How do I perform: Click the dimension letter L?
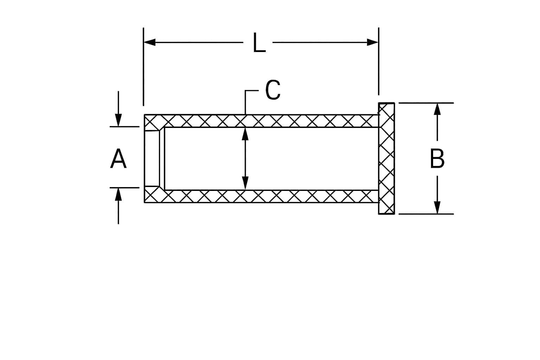click(259, 43)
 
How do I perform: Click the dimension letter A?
click(118, 159)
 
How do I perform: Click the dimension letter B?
click(437, 159)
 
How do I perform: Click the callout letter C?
click(273, 90)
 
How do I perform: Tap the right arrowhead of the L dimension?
click(372, 42)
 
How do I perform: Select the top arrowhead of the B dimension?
click(437, 109)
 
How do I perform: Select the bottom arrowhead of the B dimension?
click(437, 208)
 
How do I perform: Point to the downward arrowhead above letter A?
click(118, 120)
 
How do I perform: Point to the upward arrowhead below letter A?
click(118, 194)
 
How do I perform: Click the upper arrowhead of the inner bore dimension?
click(245, 134)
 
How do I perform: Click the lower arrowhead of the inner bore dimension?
click(245, 183)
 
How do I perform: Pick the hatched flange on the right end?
click(386, 159)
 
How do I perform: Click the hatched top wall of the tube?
click(262, 121)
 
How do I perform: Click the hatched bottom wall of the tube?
click(262, 197)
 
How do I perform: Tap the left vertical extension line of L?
click(143, 67)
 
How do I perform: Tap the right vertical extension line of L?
click(379, 61)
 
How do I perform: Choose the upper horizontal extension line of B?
click(426, 103)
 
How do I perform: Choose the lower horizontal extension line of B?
click(426, 214)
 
